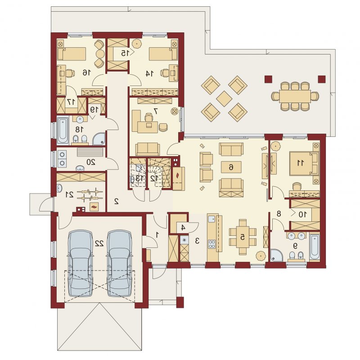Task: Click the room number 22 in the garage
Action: coord(99,243)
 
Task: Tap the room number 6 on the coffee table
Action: coord(231,167)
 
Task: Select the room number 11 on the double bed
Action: coord(301,163)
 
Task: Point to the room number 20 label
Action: coord(91,162)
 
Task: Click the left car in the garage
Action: coord(80,263)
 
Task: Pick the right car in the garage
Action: coord(119,263)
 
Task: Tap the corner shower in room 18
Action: coord(99,139)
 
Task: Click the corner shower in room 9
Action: coord(277,255)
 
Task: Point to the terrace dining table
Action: coord(295,96)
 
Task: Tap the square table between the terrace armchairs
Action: coord(224,99)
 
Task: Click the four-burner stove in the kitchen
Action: coord(211,244)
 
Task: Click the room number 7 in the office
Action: coord(156,111)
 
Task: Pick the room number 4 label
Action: coord(183,228)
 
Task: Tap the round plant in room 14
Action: coord(136,43)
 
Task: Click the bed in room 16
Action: coord(72,54)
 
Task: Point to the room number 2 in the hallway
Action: coord(117,201)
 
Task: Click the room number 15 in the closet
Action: coord(124,53)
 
